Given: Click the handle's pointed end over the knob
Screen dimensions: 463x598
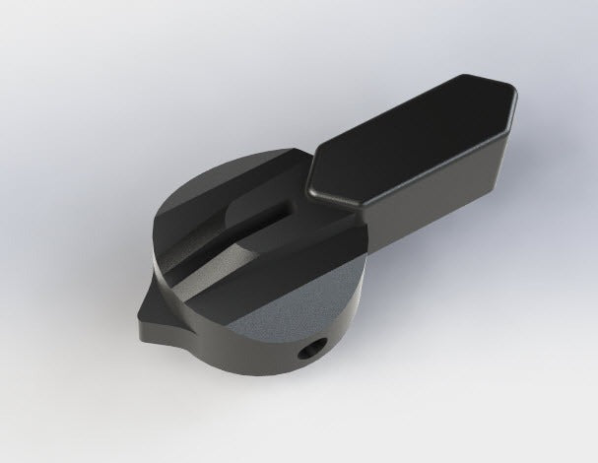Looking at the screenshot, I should (309, 183).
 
